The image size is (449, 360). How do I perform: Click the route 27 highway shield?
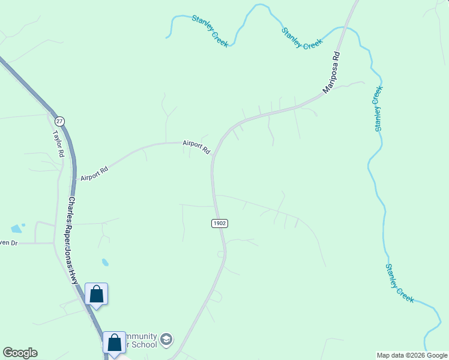point(59,121)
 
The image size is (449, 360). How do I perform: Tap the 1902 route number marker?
point(220,223)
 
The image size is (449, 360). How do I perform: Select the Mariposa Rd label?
point(331,72)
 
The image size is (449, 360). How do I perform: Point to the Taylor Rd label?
point(58,144)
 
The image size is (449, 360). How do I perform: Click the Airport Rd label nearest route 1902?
point(197,146)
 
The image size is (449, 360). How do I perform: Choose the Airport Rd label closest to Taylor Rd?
point(94,174)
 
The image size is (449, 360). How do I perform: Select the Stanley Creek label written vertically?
point(378,109)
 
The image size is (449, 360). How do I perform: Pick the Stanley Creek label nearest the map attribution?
point(400,283)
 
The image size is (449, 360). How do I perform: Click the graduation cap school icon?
point(166,340)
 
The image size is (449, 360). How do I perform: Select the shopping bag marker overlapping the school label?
point(114,343)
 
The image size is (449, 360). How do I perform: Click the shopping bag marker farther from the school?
point(96,294)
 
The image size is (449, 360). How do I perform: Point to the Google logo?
point(20,353)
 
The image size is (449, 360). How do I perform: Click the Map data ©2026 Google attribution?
point(412,355)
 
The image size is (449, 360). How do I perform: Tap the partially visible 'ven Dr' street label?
point(10,242)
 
